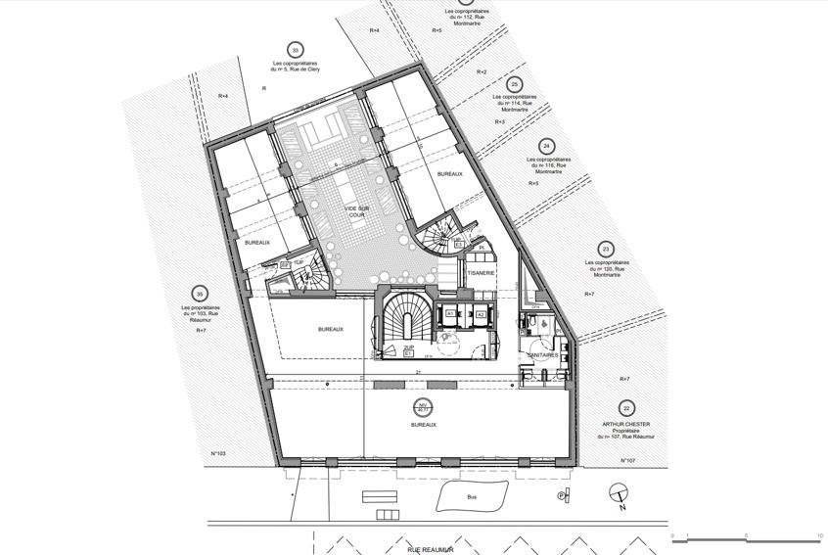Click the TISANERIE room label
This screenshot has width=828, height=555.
click(481, 273)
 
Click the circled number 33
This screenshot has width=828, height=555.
click(295, 50)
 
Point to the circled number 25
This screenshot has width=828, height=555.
click(515, 84)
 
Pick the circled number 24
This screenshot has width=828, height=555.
click(546, 146)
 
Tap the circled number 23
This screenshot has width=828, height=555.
click(606, 250)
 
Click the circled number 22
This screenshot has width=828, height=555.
click(626, 408)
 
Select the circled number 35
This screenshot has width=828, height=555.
click(200, 294)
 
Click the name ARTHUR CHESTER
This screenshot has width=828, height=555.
click(626, 424)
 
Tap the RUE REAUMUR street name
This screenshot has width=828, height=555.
click(430, 550)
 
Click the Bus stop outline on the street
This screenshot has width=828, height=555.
click(472, 497)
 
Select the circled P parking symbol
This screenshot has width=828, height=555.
click(562, 496)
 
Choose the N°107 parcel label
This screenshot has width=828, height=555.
click(629, 460)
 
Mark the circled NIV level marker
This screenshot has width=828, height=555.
click(424, 406)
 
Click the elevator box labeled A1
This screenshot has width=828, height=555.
click(451, 315)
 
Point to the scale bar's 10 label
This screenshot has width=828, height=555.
click(818, 535)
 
